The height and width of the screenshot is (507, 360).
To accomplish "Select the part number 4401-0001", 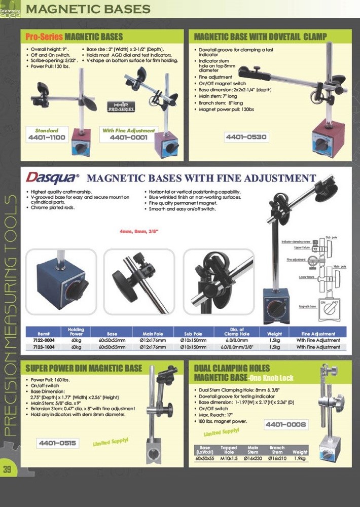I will point(129,137).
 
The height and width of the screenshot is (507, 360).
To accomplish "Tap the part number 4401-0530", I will point(246,137).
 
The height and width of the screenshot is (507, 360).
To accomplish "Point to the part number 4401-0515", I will point(57,443).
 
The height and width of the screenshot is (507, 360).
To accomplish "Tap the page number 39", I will point(7,469).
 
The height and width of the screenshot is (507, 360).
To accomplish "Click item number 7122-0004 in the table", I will point(44,341).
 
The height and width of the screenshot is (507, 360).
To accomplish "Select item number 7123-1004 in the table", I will point(44,347).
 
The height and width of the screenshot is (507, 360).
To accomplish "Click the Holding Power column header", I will point(76,332).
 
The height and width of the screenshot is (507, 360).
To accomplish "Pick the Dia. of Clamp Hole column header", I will point(227,332).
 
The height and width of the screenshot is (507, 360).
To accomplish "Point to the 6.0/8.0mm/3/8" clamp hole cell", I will point(227,347).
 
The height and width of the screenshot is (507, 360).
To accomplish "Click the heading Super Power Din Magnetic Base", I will point(84,368).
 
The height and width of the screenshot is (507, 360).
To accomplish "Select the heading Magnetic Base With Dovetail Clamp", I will point(261,37).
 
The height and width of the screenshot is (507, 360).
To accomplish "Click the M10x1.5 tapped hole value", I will point(229,458).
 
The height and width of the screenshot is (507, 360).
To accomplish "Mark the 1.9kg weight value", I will point(300,458).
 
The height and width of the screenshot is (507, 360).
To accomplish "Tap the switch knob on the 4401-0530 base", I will point(321,143).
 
